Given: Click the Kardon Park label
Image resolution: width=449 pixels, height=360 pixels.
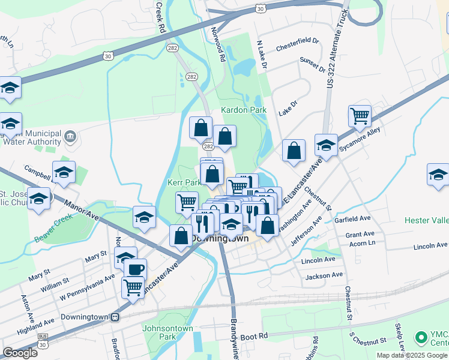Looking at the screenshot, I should pos(243,110).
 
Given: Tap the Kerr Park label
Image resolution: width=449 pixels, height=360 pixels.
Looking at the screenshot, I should pos(184,182).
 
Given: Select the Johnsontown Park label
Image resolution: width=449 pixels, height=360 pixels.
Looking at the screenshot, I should pos(168,332).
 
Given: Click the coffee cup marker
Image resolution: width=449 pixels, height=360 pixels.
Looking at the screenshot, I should pos(136,269).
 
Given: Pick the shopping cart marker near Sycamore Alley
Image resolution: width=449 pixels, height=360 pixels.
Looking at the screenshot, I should pos(360,115).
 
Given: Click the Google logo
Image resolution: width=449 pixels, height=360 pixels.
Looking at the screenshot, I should pos(20,353).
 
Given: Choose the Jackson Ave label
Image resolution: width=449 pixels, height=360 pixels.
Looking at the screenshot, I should pos(324,275).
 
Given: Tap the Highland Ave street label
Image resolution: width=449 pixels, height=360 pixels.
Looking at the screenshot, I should pos(36,326).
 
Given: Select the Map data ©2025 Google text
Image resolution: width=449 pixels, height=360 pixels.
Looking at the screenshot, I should pos(412,355).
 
